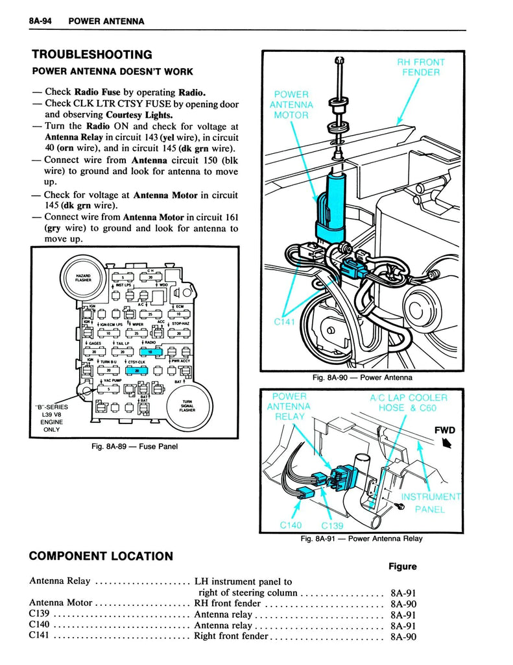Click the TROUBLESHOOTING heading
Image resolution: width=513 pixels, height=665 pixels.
click(x=91, y=55)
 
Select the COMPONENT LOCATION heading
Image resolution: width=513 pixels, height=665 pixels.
click(x=101, y=556)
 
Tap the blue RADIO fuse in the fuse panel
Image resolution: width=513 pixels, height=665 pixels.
click(x=149, y=351)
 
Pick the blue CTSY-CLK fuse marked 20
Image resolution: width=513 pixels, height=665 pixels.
click(x=137, y=370)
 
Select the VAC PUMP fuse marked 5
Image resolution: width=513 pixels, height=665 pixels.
click(x=107, y=390)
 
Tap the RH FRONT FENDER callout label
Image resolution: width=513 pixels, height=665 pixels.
click(x=421, y=68)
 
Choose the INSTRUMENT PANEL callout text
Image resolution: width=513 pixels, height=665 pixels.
click(x=429, y=503)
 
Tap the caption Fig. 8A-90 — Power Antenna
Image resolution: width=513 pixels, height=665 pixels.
click(x=362, y=378)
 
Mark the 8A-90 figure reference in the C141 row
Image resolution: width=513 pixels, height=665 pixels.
click(x=403, y=636)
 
